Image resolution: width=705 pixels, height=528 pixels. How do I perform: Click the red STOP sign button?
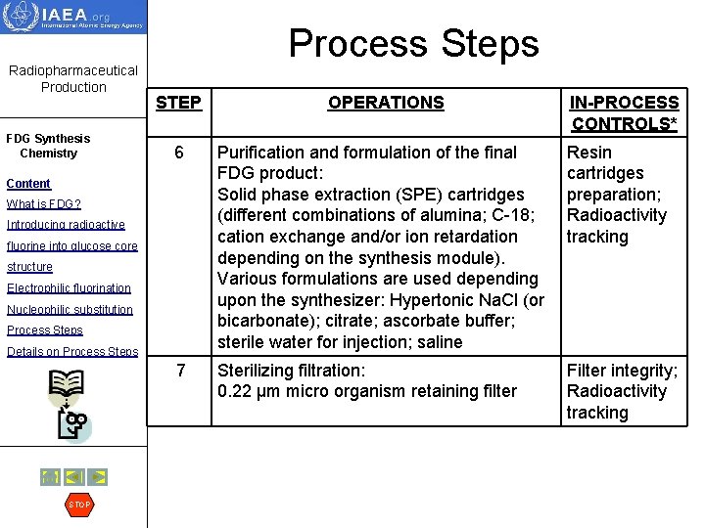(x=79, y=505)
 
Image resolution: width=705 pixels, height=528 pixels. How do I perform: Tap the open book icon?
(x=67, y=389)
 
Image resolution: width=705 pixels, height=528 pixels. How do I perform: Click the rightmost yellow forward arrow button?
(x=97, y=477)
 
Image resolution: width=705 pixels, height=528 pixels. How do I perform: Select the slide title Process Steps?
(x=413, y=43)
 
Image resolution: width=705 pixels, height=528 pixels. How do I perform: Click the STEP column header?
(x=178, y=103)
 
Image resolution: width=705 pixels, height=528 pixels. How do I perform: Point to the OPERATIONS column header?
(x=386, y=103)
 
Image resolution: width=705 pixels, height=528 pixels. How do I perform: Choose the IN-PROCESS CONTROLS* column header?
(x=625, y=112)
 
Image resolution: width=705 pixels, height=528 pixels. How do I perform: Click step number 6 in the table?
(x=179, y=154)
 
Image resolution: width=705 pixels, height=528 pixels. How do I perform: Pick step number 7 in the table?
(x=179, y=371)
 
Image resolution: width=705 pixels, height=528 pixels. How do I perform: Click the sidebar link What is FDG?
(x=44, y=204)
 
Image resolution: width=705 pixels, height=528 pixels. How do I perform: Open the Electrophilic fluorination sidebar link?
(x=69, y=288)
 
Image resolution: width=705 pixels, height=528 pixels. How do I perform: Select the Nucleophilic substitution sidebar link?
(x=70, y=310)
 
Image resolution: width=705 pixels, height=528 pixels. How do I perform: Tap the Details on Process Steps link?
(x=72, y=352)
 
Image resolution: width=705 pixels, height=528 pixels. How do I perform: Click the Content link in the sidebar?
(x=28, y=184)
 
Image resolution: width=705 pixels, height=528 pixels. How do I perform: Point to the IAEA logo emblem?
(x=23, y=18)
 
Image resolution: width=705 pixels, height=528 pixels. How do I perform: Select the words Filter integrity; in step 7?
(x=622, y=371)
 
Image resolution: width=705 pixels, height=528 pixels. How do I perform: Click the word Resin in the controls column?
(x=588, y=153)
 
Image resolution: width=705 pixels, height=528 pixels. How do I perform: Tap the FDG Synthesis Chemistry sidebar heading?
(x=48, y=146)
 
